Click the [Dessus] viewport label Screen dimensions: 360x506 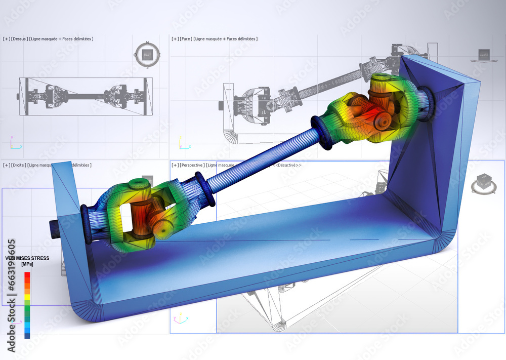pyautogui.click(x=19, y=39)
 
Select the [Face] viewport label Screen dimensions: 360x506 pyautogui.click(x=185, y=39)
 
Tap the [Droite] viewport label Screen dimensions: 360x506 pyautogui.click(x=19, y=165)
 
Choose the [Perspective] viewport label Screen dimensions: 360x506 pyautogui.click(x=192, y=165)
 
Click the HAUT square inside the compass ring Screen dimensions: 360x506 pyautogui.click(x=147, y=55)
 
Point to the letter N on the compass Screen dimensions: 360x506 pyautogui.click(x=147, y=43)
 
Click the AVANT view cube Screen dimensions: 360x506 pyautogui.click(x=484, y=55)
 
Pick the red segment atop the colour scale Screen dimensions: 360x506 pyautogui.click(x=27, y=275)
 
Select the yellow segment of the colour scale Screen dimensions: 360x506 pyautogui.click(x=27, y=297)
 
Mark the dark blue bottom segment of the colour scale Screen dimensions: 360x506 pyautogui.click(x=27, y=335)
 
